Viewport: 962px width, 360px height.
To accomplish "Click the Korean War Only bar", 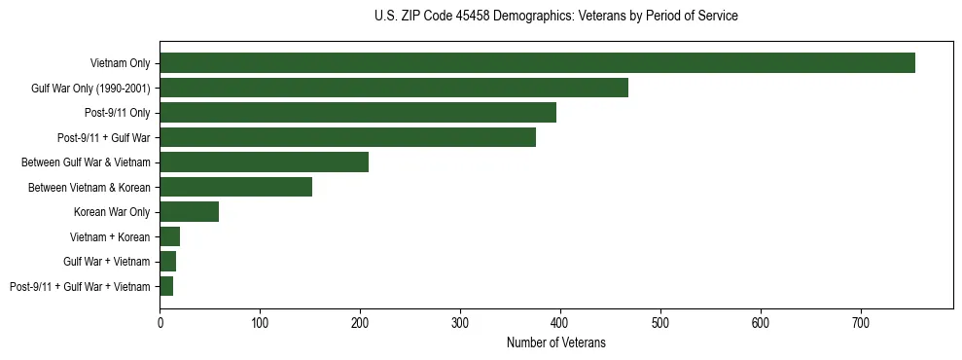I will [189, 212].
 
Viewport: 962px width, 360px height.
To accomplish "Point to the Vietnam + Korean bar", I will [169, 236].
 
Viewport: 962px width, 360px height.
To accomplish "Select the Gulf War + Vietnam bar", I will [167, 262].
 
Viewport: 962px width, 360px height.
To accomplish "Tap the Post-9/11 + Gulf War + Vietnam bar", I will [166, 286].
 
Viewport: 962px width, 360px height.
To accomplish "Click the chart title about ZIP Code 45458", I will [555, 17].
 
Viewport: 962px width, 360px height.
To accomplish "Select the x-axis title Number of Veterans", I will [555, 342].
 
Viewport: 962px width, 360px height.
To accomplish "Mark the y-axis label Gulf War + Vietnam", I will [106, 262].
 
